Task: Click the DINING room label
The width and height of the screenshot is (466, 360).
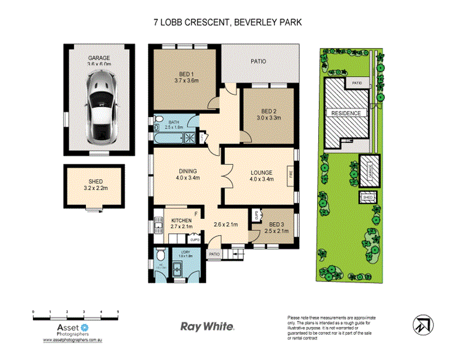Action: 187,170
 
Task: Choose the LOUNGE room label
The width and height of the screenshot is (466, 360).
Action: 262,173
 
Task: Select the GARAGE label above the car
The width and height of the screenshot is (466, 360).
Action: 99,58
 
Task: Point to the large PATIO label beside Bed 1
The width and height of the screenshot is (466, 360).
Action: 259,62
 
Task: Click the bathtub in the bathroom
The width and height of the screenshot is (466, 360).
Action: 168,137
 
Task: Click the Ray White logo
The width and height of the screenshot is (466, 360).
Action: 207,326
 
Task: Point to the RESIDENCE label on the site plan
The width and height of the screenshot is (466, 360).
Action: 345,113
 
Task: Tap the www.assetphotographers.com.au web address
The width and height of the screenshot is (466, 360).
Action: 75,340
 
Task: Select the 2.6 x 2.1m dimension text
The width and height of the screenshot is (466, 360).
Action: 226,226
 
